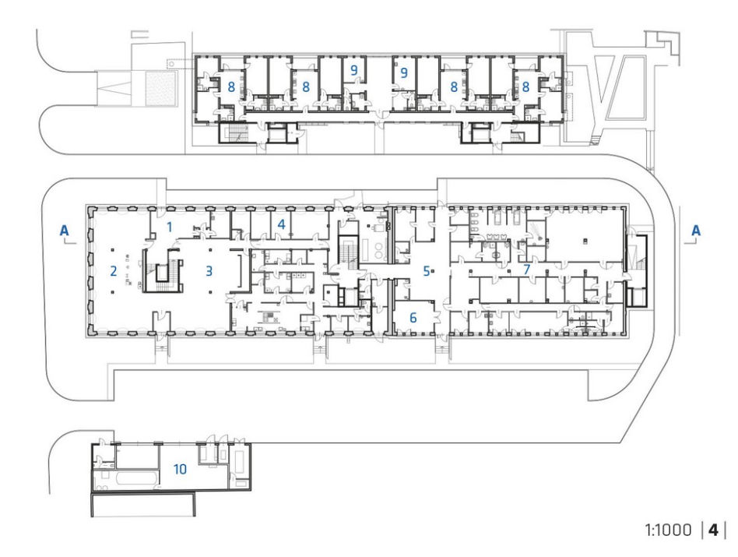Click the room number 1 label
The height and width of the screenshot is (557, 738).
(x=170, y=227)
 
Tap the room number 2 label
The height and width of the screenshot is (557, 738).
(x=113, y=271)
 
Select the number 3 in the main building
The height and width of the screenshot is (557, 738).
(x=209, y=271)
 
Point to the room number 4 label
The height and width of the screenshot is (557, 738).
(x=282, y=224)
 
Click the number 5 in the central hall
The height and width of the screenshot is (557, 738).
(x=426, y=271)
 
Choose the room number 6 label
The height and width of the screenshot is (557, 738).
(x=413, y=317)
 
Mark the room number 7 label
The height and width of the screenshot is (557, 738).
(x=527, y=270)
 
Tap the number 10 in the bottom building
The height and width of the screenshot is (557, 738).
(x=181, y=469)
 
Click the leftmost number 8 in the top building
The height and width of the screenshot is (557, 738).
(x=231, y=86)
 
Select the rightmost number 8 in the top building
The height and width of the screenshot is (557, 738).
(x=525, y=86)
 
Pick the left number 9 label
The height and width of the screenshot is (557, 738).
(x=354, y=71)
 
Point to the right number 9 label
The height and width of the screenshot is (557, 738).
(x=403, y=73)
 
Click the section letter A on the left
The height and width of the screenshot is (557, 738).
(x=64, y=231)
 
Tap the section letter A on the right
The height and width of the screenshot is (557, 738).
(x=696, y=231)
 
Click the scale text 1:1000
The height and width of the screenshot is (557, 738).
(x=669, y=531)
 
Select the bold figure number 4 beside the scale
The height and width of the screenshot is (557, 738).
(x=714, y=531)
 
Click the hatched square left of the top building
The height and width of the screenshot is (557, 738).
(x=161, y=88)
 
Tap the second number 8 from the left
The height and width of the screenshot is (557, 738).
(x=306, y=86)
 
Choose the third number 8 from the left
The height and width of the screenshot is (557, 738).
(x=454, y=86)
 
